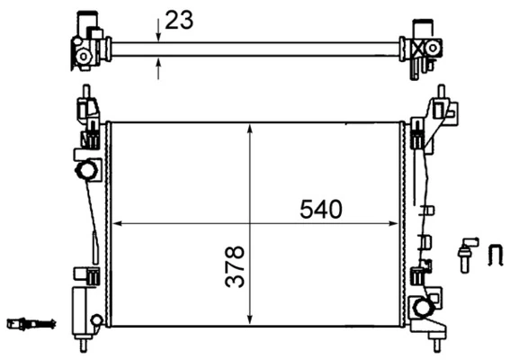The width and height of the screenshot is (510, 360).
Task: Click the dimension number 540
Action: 321,210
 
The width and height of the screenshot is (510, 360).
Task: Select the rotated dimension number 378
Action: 235,268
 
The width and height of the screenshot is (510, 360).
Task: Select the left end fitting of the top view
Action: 88,43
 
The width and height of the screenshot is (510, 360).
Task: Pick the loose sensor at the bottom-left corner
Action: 30,323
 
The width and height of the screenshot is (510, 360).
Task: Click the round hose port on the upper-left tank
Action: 86,170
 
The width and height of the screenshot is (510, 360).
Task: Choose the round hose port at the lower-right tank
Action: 421,309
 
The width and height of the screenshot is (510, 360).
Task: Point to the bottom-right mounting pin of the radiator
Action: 437,342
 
